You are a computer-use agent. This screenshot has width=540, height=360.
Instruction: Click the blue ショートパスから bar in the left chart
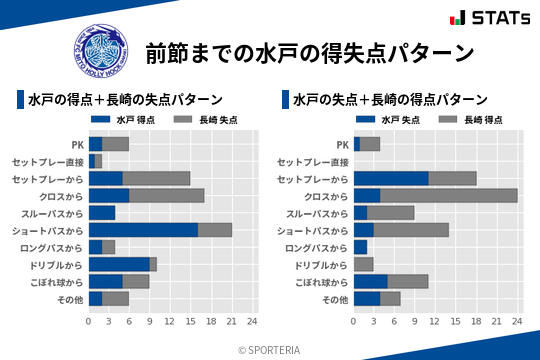click(x=143, y=230)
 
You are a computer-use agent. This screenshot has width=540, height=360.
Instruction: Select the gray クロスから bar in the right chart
click(x=449, y=195)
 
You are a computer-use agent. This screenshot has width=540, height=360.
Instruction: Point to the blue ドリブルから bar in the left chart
click(x=119, y=264)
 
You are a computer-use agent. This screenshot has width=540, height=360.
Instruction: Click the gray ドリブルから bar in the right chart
click(x=363, y=264)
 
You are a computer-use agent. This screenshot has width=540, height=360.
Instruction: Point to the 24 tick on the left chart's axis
click(x=252, y=322)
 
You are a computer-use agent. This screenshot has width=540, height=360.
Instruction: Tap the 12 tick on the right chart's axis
click(x=435, y=322)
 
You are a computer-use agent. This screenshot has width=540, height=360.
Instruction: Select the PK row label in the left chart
click(x=77, y=144)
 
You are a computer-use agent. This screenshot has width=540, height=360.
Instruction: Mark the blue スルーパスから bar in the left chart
click(x=102, y=213)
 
